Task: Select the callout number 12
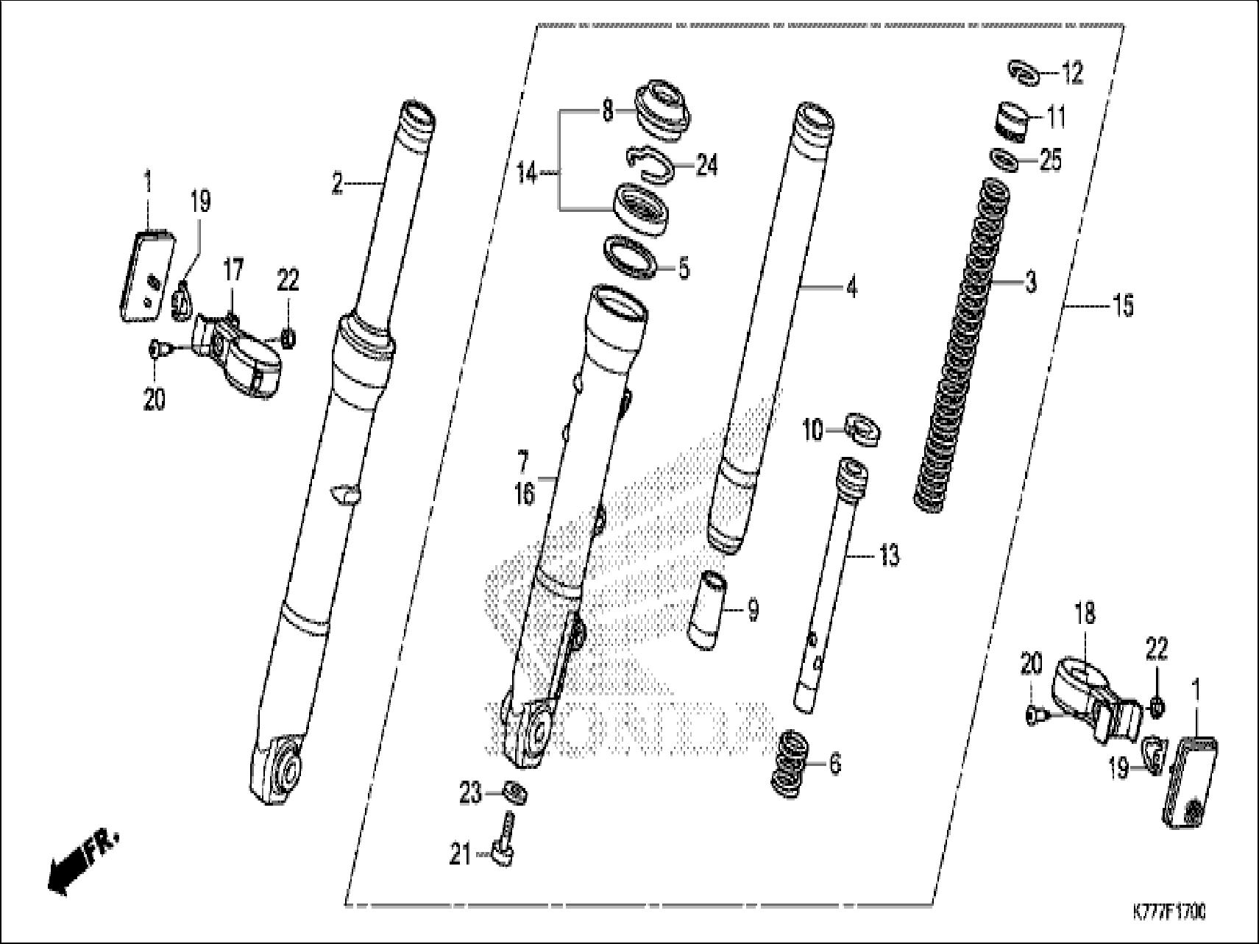[x=1072, y=74]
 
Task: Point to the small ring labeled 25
[x=1005, y=160]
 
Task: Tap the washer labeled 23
[x=515, y=793]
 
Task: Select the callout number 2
[x=337, y=183]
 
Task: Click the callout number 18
[x=1085, y=612]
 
